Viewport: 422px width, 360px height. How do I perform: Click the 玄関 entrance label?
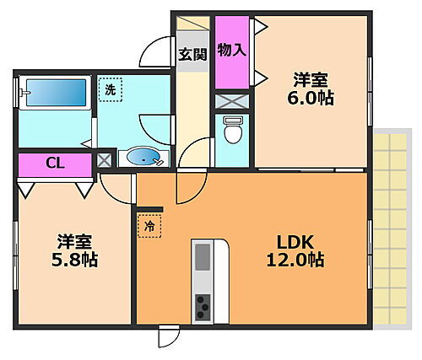193,56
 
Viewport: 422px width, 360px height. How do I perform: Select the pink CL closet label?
52,163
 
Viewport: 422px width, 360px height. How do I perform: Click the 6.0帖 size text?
311,99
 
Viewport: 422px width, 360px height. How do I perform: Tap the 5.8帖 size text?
73,260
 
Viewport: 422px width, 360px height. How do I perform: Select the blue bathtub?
54,94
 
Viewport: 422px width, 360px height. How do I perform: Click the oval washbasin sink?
144,156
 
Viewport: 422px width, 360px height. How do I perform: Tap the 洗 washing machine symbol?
110,89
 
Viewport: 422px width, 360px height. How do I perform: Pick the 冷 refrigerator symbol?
148,226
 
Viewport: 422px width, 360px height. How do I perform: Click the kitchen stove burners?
203,307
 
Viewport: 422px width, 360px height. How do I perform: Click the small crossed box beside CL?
105,160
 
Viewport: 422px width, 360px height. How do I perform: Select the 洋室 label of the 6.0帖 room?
311,80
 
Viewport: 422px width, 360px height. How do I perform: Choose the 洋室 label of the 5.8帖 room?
73,239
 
